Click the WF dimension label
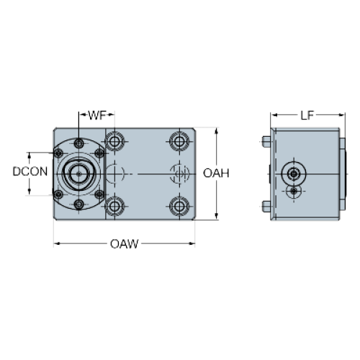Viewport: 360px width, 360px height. point(97,115)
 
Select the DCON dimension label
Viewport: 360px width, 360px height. point(30,171)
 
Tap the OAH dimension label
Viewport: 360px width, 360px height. point(216,173)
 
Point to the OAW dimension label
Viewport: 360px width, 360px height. point(125,244)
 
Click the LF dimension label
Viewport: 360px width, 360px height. point(307,115)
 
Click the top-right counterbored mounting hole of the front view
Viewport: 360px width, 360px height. point(179,141)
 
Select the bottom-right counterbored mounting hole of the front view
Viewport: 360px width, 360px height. point(179,206)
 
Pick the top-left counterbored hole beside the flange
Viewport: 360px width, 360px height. point(114,141)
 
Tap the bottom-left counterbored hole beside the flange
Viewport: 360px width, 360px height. point(114,206)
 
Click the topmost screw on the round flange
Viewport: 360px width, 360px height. point(78,143)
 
